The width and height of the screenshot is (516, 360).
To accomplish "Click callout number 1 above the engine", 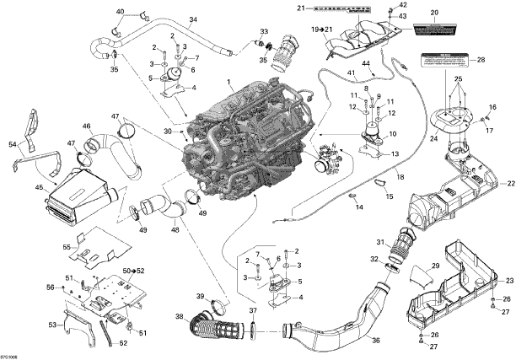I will (x=228, y=81).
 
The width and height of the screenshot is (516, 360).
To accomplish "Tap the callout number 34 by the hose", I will (x=193, y=19).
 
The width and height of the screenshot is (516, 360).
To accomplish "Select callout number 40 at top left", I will (x=121, y=11).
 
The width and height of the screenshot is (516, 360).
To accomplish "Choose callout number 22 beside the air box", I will (x=509, y=184).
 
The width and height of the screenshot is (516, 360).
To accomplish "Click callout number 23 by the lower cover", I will (x=509, y=280).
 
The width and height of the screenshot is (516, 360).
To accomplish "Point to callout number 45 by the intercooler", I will (x=39, y=187).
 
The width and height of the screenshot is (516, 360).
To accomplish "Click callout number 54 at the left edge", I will (x=13, y=144).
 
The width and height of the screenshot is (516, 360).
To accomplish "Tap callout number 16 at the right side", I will (x=492, y=108).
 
